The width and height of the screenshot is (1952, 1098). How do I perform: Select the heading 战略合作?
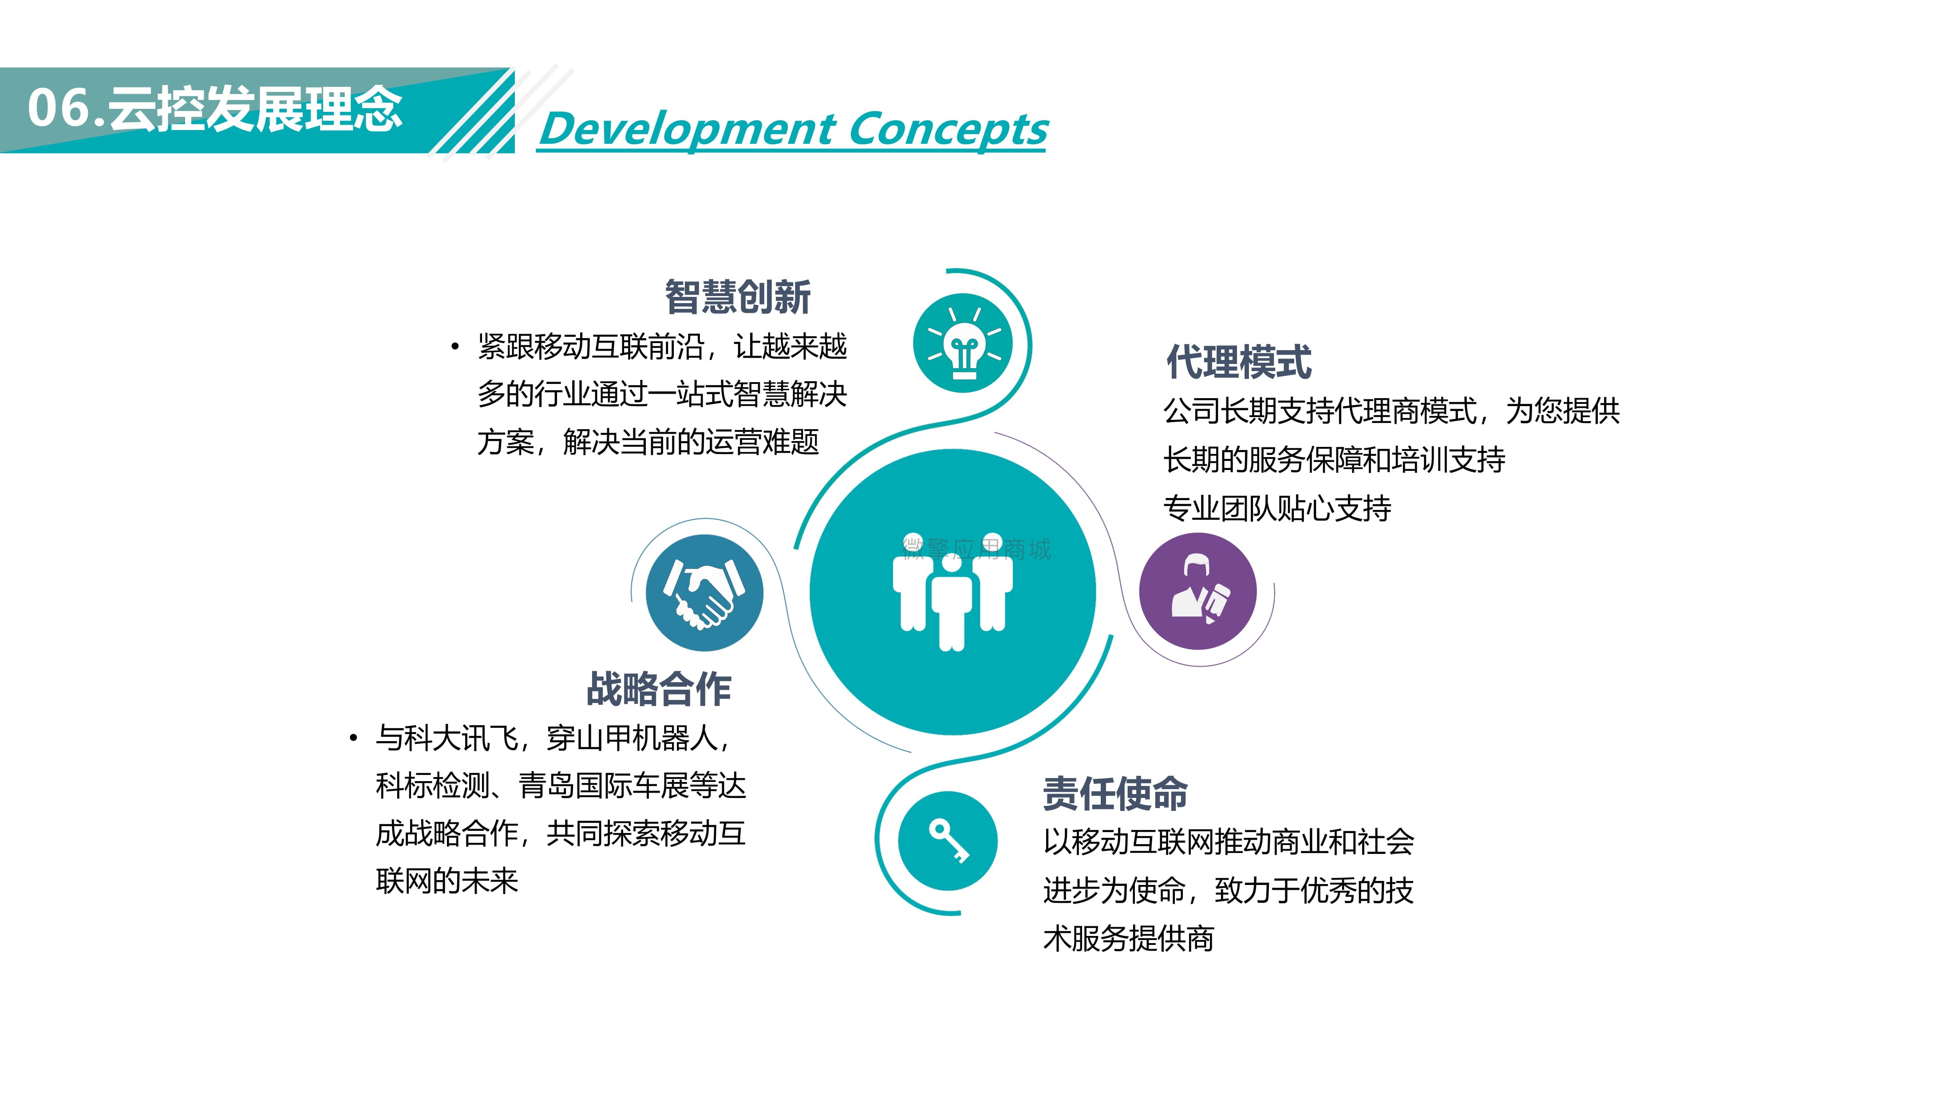tap(659, 689)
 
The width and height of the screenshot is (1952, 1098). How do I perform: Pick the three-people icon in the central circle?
tap(952, 592)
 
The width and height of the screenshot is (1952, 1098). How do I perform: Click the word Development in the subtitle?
tap(688, 129)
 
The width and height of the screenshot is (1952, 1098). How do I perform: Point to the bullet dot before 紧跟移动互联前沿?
tap(454, 347)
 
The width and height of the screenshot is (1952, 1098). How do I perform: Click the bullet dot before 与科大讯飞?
tap(353, 738)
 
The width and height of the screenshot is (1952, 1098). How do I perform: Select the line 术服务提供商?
tap(1128, 938)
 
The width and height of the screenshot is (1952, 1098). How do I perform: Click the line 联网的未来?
tap(447, 881)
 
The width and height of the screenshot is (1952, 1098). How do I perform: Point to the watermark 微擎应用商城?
tap(977, 549)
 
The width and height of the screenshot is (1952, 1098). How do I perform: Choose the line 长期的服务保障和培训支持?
tap(1335, 459)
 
